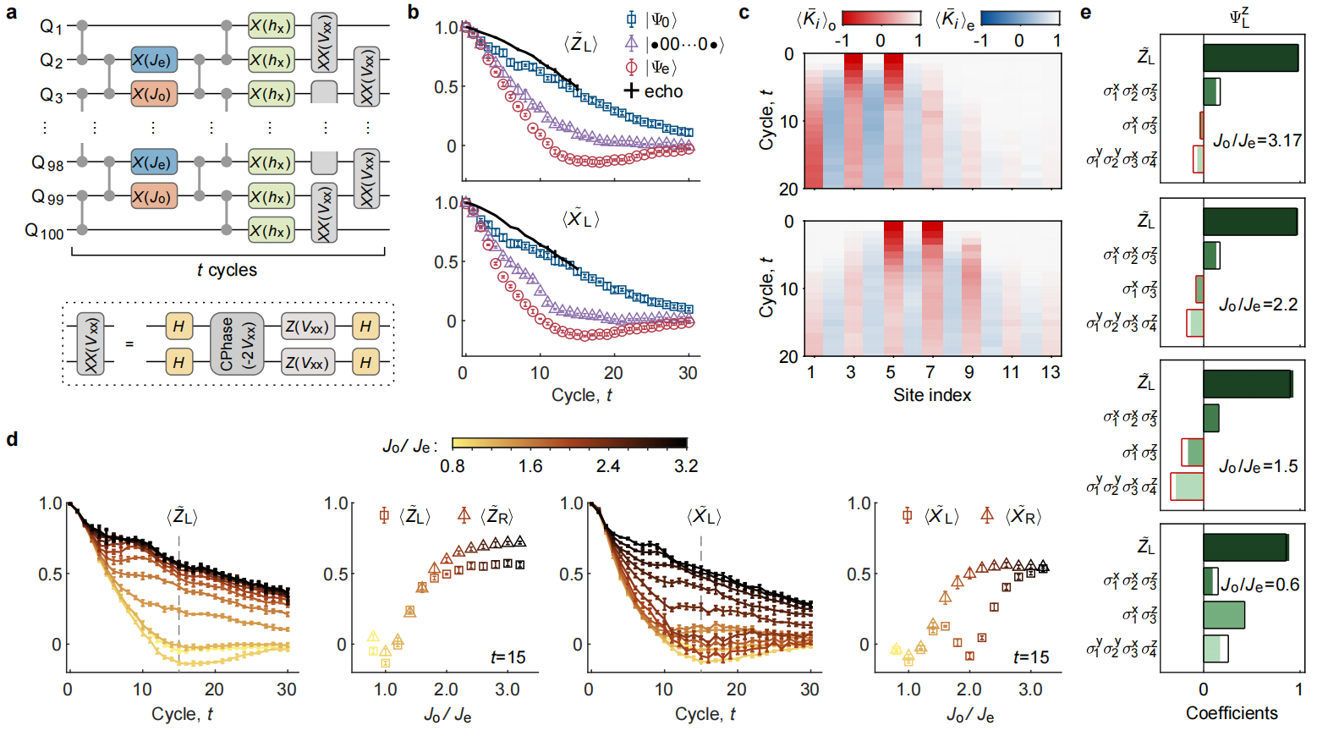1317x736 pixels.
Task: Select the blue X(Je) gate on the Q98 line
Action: (154, 162)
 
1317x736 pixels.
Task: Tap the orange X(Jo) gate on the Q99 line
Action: (154, 196)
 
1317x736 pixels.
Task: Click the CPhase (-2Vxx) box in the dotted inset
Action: (237, 343)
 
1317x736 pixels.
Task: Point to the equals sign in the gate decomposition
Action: (129, 343)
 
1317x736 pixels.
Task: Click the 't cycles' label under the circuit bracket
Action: (227, 270)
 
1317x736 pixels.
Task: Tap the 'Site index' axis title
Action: (932, 395)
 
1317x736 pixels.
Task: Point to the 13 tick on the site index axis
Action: (1050, 372)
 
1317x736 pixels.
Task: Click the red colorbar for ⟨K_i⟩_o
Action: (881, 19)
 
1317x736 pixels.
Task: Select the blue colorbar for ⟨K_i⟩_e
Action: (1019, 19)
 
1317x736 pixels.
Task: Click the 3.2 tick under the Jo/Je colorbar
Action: (686, 466)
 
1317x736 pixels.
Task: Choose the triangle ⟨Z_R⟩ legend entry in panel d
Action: (487, 516)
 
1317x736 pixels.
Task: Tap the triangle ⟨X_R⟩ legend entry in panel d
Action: (1011, 516)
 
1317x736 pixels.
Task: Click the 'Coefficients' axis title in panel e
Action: (1232, 713)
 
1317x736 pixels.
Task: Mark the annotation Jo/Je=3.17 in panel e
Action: (1258, 140)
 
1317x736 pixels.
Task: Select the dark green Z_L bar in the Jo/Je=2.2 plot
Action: (1250, 222)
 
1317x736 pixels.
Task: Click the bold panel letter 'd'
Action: (12, 439)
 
